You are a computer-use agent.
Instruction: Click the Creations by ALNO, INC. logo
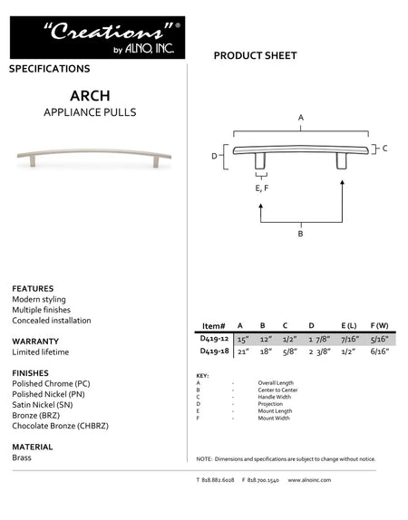[x=97, y=38]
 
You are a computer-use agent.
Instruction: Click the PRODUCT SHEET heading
[x=255, y=56]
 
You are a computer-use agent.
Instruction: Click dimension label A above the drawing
[x=300, y=118]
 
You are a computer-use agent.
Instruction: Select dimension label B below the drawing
[x=300, y=234]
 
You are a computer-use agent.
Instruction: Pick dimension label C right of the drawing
[x=384, y=148]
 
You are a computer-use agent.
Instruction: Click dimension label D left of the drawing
[x=215, y=157]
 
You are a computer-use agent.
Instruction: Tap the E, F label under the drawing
[x=262, y=188]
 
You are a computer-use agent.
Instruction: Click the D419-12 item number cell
[x=213, y=338]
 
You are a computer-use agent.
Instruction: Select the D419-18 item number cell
[x=213, y=351]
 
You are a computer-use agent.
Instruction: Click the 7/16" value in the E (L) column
[x=349, y=338]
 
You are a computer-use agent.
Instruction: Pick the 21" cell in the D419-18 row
[x=241, y=351]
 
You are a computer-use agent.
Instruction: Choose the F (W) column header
[x=379, y=324]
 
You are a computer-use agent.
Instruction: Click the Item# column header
[x=213, y=324]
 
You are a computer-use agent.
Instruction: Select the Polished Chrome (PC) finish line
[x=50, y=384]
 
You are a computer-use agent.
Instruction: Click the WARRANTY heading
[x=35, y=341]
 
